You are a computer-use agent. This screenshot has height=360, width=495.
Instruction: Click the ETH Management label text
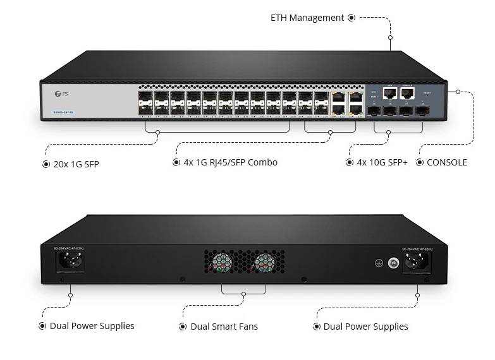[307, 18]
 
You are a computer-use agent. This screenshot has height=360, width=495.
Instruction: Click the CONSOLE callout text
[446, 162]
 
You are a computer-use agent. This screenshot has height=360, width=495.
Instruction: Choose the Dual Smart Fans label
[224, 327]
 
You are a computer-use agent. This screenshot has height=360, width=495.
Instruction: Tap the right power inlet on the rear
[417, 261]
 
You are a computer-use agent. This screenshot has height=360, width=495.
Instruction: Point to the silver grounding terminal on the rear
[393, 262]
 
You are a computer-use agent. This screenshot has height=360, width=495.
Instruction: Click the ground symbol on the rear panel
[379, 262]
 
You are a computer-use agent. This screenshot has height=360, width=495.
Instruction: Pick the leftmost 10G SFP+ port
[374, 111]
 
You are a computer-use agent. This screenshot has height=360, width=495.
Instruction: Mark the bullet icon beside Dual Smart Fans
[184, 327]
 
